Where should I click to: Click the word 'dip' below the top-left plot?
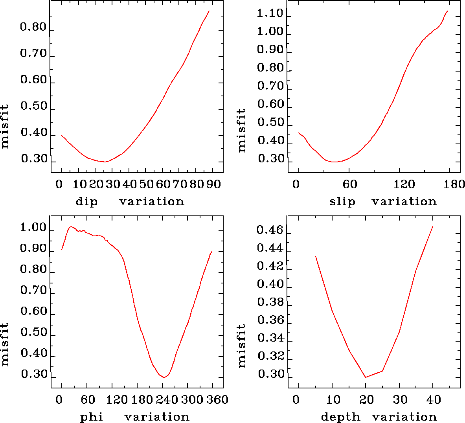click(86, 202)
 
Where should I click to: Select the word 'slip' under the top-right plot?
click(342, 202)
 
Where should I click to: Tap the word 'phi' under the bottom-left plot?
click(92, 417)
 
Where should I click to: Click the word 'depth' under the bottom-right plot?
click(340, 417)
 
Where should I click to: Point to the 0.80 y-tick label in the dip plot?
click(33, 28)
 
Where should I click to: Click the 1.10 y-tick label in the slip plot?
click(270, 14)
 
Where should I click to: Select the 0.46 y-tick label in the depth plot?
click(270, 230)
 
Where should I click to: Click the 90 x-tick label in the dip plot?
click(213, 184)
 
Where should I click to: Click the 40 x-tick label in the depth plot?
click(434, 400)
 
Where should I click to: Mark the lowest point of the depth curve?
click(366, 377)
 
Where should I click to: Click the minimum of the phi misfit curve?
click(164, 377)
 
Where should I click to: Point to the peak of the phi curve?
click(71, 226)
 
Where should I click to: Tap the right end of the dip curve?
click(209, 11)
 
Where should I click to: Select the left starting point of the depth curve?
click(316, 256)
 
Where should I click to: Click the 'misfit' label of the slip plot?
click(242, 131)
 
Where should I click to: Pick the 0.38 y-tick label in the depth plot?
click(270, 302)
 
